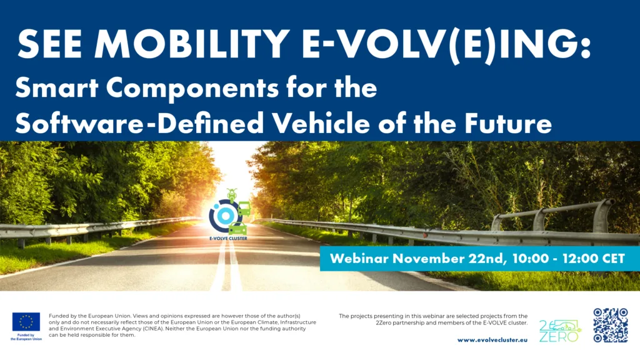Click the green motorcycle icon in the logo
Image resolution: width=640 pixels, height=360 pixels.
point(232,195)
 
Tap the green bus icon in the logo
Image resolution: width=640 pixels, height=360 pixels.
point(244,209)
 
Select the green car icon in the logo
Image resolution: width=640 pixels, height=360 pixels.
point(237,229)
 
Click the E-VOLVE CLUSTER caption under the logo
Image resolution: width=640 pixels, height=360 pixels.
point(228,238)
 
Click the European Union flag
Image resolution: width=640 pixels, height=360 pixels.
point(26,322)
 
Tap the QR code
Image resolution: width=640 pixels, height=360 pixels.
point(611,325)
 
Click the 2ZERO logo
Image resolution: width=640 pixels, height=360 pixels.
point(560,331)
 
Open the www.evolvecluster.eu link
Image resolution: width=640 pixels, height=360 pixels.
point(492,339)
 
